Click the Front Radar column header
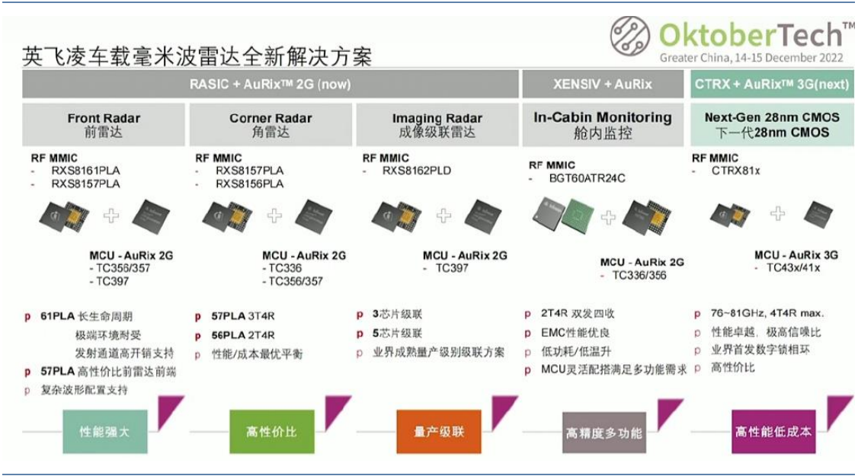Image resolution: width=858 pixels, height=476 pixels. [x=104, y=125]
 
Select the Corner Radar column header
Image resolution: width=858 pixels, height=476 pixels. [x=272, y=125]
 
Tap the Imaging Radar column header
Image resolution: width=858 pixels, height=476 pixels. [x=437, y=125]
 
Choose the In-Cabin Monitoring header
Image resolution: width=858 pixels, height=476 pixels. [x=602, y=124]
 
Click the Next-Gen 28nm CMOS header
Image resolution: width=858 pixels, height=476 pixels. [x=771, y=125]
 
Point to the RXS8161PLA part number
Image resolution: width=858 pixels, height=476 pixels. [x=85, y=171]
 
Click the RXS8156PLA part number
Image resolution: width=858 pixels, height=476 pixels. [x=249, y=184]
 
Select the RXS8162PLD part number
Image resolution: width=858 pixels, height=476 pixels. [x=417, y=171]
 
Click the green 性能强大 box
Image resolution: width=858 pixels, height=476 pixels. [x=105, y=432]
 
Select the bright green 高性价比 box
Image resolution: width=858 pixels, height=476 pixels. [x=271, y=432]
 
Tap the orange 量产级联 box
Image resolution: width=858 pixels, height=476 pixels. [x=438, y=432]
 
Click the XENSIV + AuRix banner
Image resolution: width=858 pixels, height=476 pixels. [x=603, y=84]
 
